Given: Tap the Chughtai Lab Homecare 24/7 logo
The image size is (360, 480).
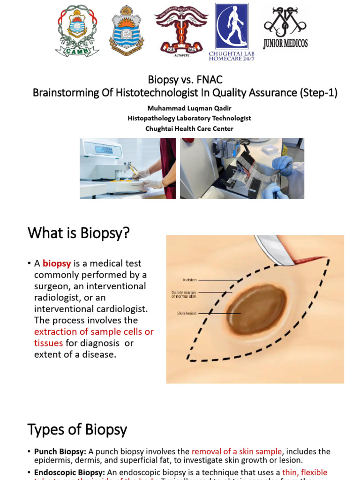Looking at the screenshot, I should coord(232,32).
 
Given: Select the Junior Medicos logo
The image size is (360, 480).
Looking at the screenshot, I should coord(285,28).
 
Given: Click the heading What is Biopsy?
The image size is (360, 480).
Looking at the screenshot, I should coord(78,233).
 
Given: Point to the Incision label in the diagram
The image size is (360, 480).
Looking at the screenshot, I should coord(190,280).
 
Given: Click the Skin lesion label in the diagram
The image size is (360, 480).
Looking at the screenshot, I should coord(187,313).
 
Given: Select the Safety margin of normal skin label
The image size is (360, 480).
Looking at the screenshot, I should coord(184,294).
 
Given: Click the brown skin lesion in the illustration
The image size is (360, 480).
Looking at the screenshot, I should coord(257,309).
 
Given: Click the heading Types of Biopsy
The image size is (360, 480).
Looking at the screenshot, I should coord(77,429).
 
